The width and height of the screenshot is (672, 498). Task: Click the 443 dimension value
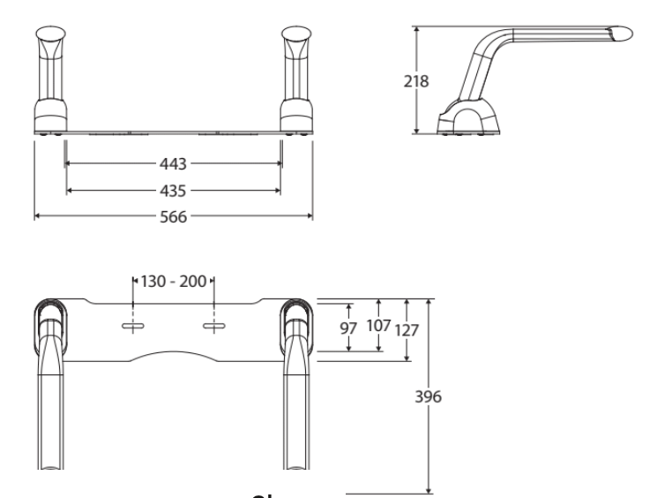point(174,163)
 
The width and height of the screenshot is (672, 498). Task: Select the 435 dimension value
point(174,190)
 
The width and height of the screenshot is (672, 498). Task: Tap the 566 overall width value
point(174,216)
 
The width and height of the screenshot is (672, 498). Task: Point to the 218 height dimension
point(415,81)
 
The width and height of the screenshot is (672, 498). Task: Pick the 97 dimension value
point(349,328)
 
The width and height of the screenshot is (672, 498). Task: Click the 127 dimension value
point(407,329)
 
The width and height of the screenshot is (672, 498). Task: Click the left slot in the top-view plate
point(132,328)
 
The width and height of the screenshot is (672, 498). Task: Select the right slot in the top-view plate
point(214,328)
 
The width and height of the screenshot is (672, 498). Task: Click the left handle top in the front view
point(49,42)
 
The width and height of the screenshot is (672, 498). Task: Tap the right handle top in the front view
point(295,42)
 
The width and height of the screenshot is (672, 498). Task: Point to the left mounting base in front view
point(49,116)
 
